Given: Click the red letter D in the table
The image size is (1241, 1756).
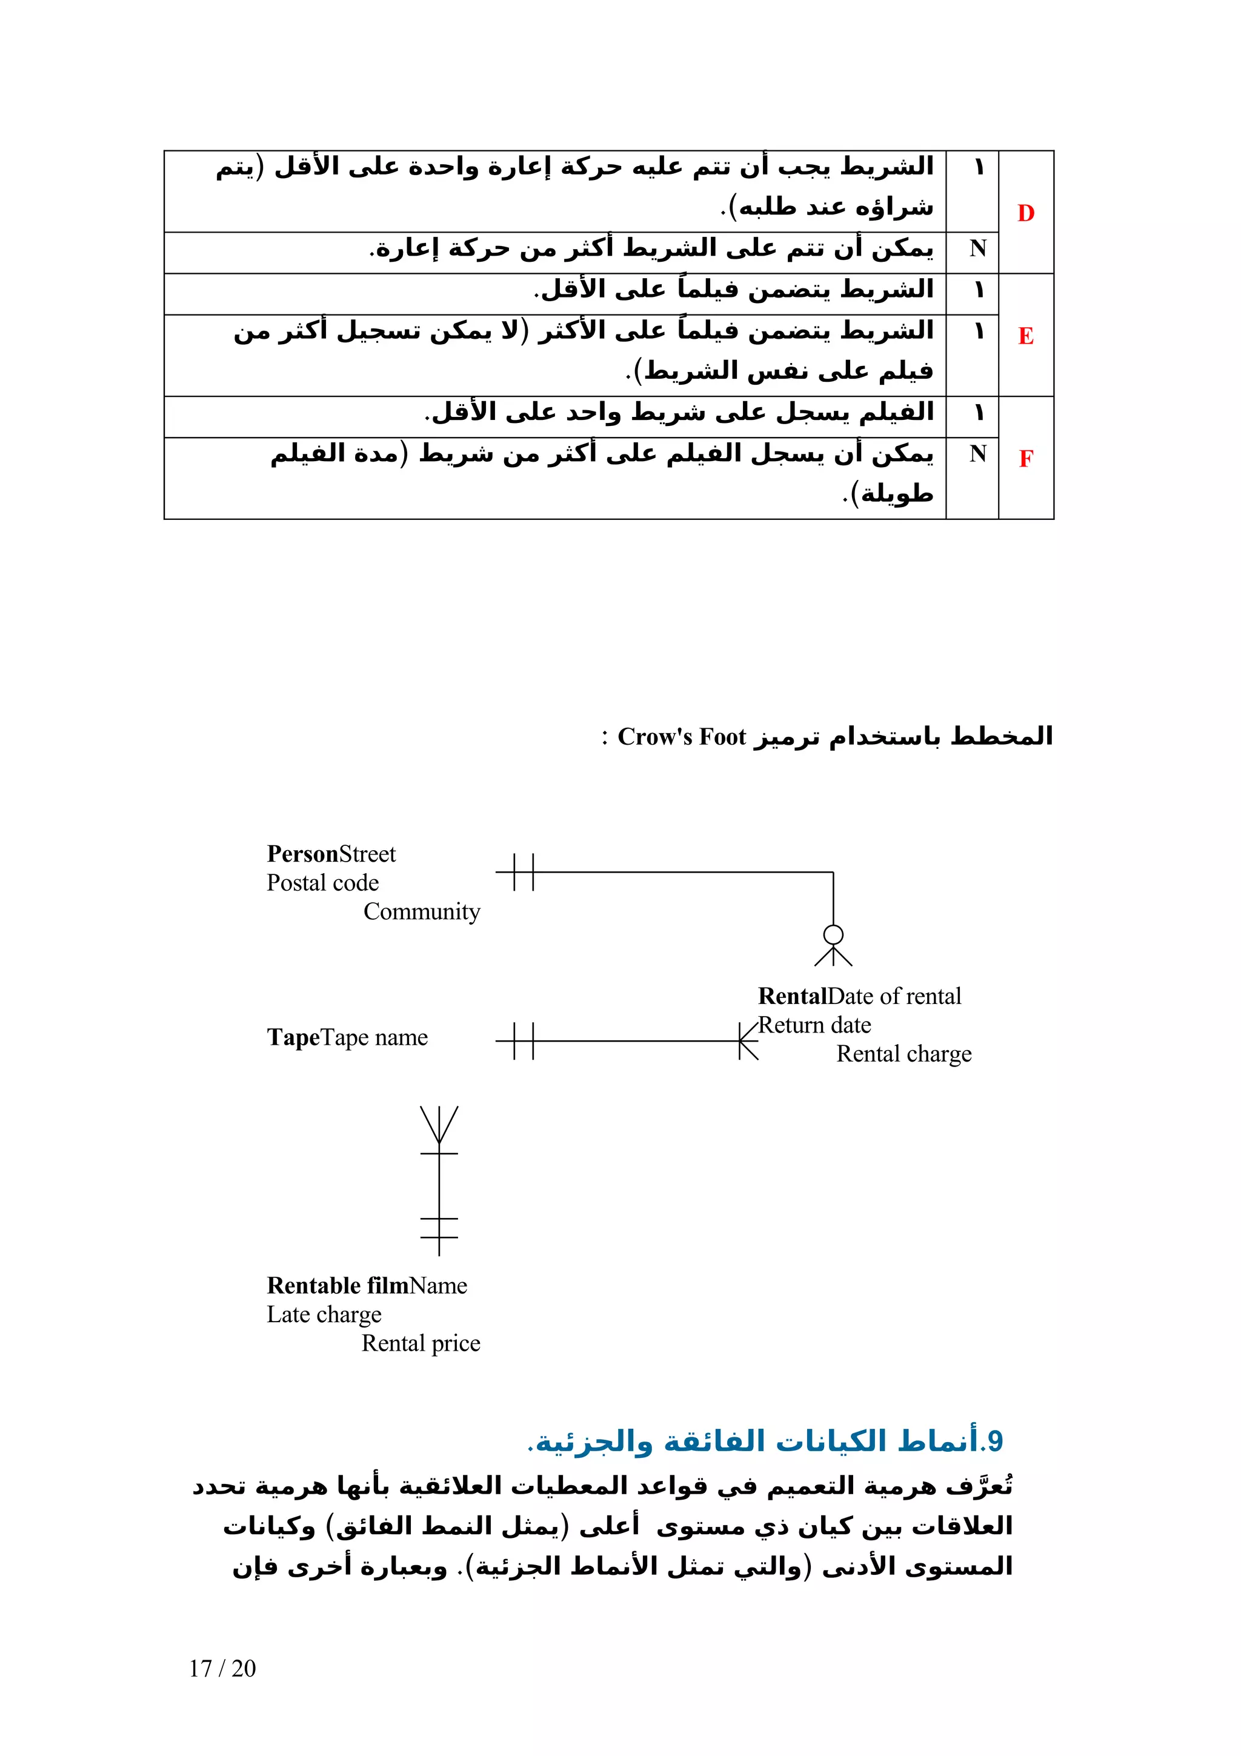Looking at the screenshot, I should click(1025, 213).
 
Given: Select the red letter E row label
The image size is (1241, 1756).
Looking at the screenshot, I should click(1025, 336).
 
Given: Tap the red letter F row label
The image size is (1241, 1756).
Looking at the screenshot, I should click(1025, 458).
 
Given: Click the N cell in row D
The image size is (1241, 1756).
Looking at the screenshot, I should click(977, 248).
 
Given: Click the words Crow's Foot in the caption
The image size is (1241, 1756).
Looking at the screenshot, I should click(681, 736).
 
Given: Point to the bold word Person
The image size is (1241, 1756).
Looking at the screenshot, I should click(302, 854).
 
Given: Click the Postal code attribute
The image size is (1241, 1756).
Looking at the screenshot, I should click(323, 883).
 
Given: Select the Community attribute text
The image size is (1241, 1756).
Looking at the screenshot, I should click(421, 912).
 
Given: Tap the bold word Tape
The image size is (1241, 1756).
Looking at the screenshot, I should click(292, 1037).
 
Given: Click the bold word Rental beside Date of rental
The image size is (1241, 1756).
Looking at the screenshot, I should click(792, 996).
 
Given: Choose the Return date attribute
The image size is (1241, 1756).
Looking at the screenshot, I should click(814, 1025).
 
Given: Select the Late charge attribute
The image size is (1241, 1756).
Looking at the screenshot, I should click(324, 1315).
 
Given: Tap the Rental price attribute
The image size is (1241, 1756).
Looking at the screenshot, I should click(421, 1344).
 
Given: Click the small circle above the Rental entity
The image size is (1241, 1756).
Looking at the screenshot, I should click(833, 934).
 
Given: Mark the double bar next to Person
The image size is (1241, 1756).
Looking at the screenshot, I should click(524, 872).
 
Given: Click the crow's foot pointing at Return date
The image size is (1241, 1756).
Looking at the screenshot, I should click(747, 1041).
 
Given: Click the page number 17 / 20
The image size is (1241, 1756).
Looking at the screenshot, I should click(222, 1668).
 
